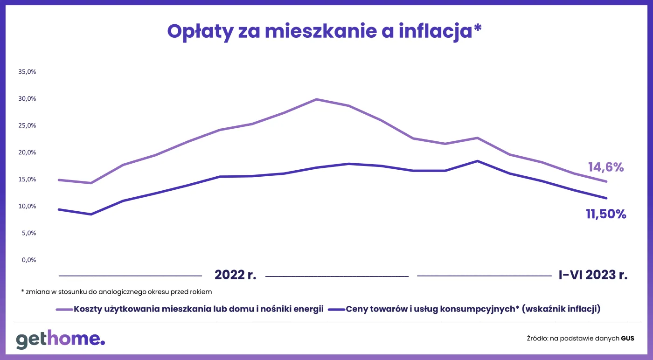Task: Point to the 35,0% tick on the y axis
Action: click(x=27, y=72)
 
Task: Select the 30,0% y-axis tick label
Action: click(x=27, y=99)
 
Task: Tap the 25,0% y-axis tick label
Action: click(x=27, y=125)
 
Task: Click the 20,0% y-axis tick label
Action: click(x=27, y=152)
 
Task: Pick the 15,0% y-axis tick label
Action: click(x=27, y=180)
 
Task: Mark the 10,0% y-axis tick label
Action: click(x=27, y=206)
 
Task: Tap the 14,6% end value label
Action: click(x=605, y=167)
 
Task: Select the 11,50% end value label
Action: click(x=605, y=214)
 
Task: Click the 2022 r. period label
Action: click(x=235, y=275)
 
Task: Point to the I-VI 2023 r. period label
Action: click(x=593, y=275)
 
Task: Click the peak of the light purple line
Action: click(x=316, y=99)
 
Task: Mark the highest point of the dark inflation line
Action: click(x=477, y=161)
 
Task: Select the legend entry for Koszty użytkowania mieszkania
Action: click(x=198, y=309)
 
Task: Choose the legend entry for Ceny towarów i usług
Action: click(x=472, y=309)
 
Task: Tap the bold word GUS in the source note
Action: click(x=627, y=339)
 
